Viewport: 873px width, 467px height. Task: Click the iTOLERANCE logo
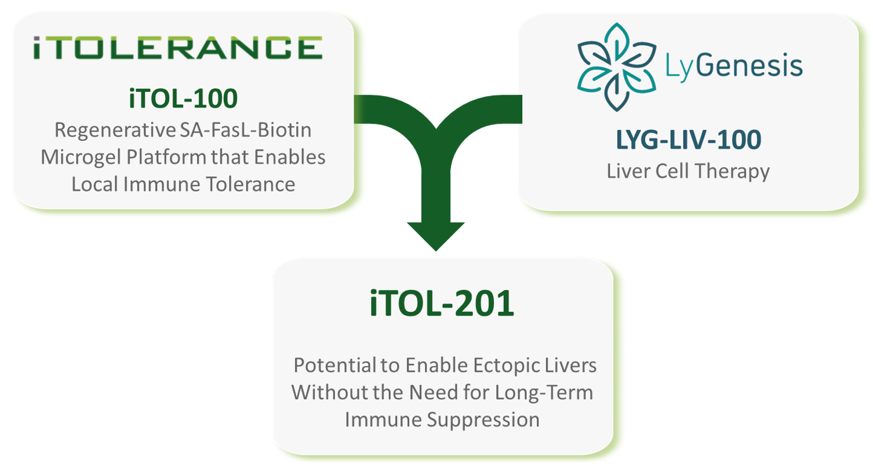pos(178,48)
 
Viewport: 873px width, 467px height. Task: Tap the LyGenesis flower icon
pos(617,67)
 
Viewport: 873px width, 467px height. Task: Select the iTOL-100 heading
pos(183,98)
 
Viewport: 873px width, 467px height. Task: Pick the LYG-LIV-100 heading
pos(689,140)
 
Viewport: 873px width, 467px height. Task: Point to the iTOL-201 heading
pos(442,303)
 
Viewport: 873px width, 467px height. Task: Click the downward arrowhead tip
pos(436,251)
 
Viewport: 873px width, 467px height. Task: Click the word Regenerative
pos(115,130)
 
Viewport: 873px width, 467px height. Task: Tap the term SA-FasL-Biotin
pos(246,130)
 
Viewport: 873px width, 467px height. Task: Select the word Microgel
pos(82,158)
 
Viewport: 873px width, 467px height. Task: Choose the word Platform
pos(166,157)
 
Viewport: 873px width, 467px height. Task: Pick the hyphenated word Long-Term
pos(544,393)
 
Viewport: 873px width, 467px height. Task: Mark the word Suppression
pos(483,420)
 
